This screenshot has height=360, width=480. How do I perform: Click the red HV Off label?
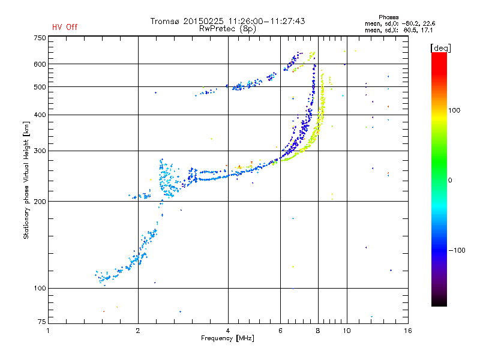click(x=64, y=27)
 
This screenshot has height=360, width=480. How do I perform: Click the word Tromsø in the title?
click(x=164, y=21)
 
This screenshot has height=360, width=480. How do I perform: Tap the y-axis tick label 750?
click(x=40, y=37)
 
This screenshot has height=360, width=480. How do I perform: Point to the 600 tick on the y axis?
click(x=40, y=64)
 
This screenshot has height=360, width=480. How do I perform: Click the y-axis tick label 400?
click(x=40, y=115)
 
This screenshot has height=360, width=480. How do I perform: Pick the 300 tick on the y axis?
click(x=40, y=151)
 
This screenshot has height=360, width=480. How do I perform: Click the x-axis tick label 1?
click(x=49, y=331)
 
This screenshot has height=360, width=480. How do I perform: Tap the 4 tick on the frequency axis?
click(x=228, y=331)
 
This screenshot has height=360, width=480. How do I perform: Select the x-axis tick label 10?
click(x=346, y=331)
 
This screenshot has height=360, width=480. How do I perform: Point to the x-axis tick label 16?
click(x=407, y=331)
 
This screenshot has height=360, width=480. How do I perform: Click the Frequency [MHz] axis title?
click(x=227, y=339)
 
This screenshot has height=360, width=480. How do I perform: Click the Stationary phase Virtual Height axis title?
click(x=26, y=181)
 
